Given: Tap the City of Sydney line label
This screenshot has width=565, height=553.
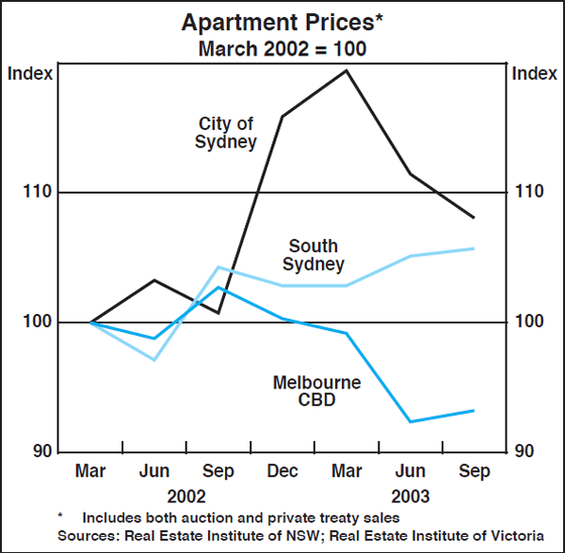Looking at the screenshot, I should pos(226,133).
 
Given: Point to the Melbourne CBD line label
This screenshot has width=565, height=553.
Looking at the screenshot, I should pos(304,391).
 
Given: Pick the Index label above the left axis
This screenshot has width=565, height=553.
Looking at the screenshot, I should pos(27,72).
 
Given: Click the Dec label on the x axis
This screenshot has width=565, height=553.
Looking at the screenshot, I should pos(282,471).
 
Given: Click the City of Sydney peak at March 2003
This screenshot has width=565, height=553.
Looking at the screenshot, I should pos(347,71).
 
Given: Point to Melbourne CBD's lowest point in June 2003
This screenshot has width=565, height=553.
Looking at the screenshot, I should pos(410,421).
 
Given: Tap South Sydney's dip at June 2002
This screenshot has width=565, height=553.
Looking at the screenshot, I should pos(154,360).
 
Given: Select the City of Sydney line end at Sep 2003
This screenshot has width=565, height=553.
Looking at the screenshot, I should pos(473,217).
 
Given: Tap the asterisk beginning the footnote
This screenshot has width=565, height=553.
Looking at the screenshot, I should pos(61,516).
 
